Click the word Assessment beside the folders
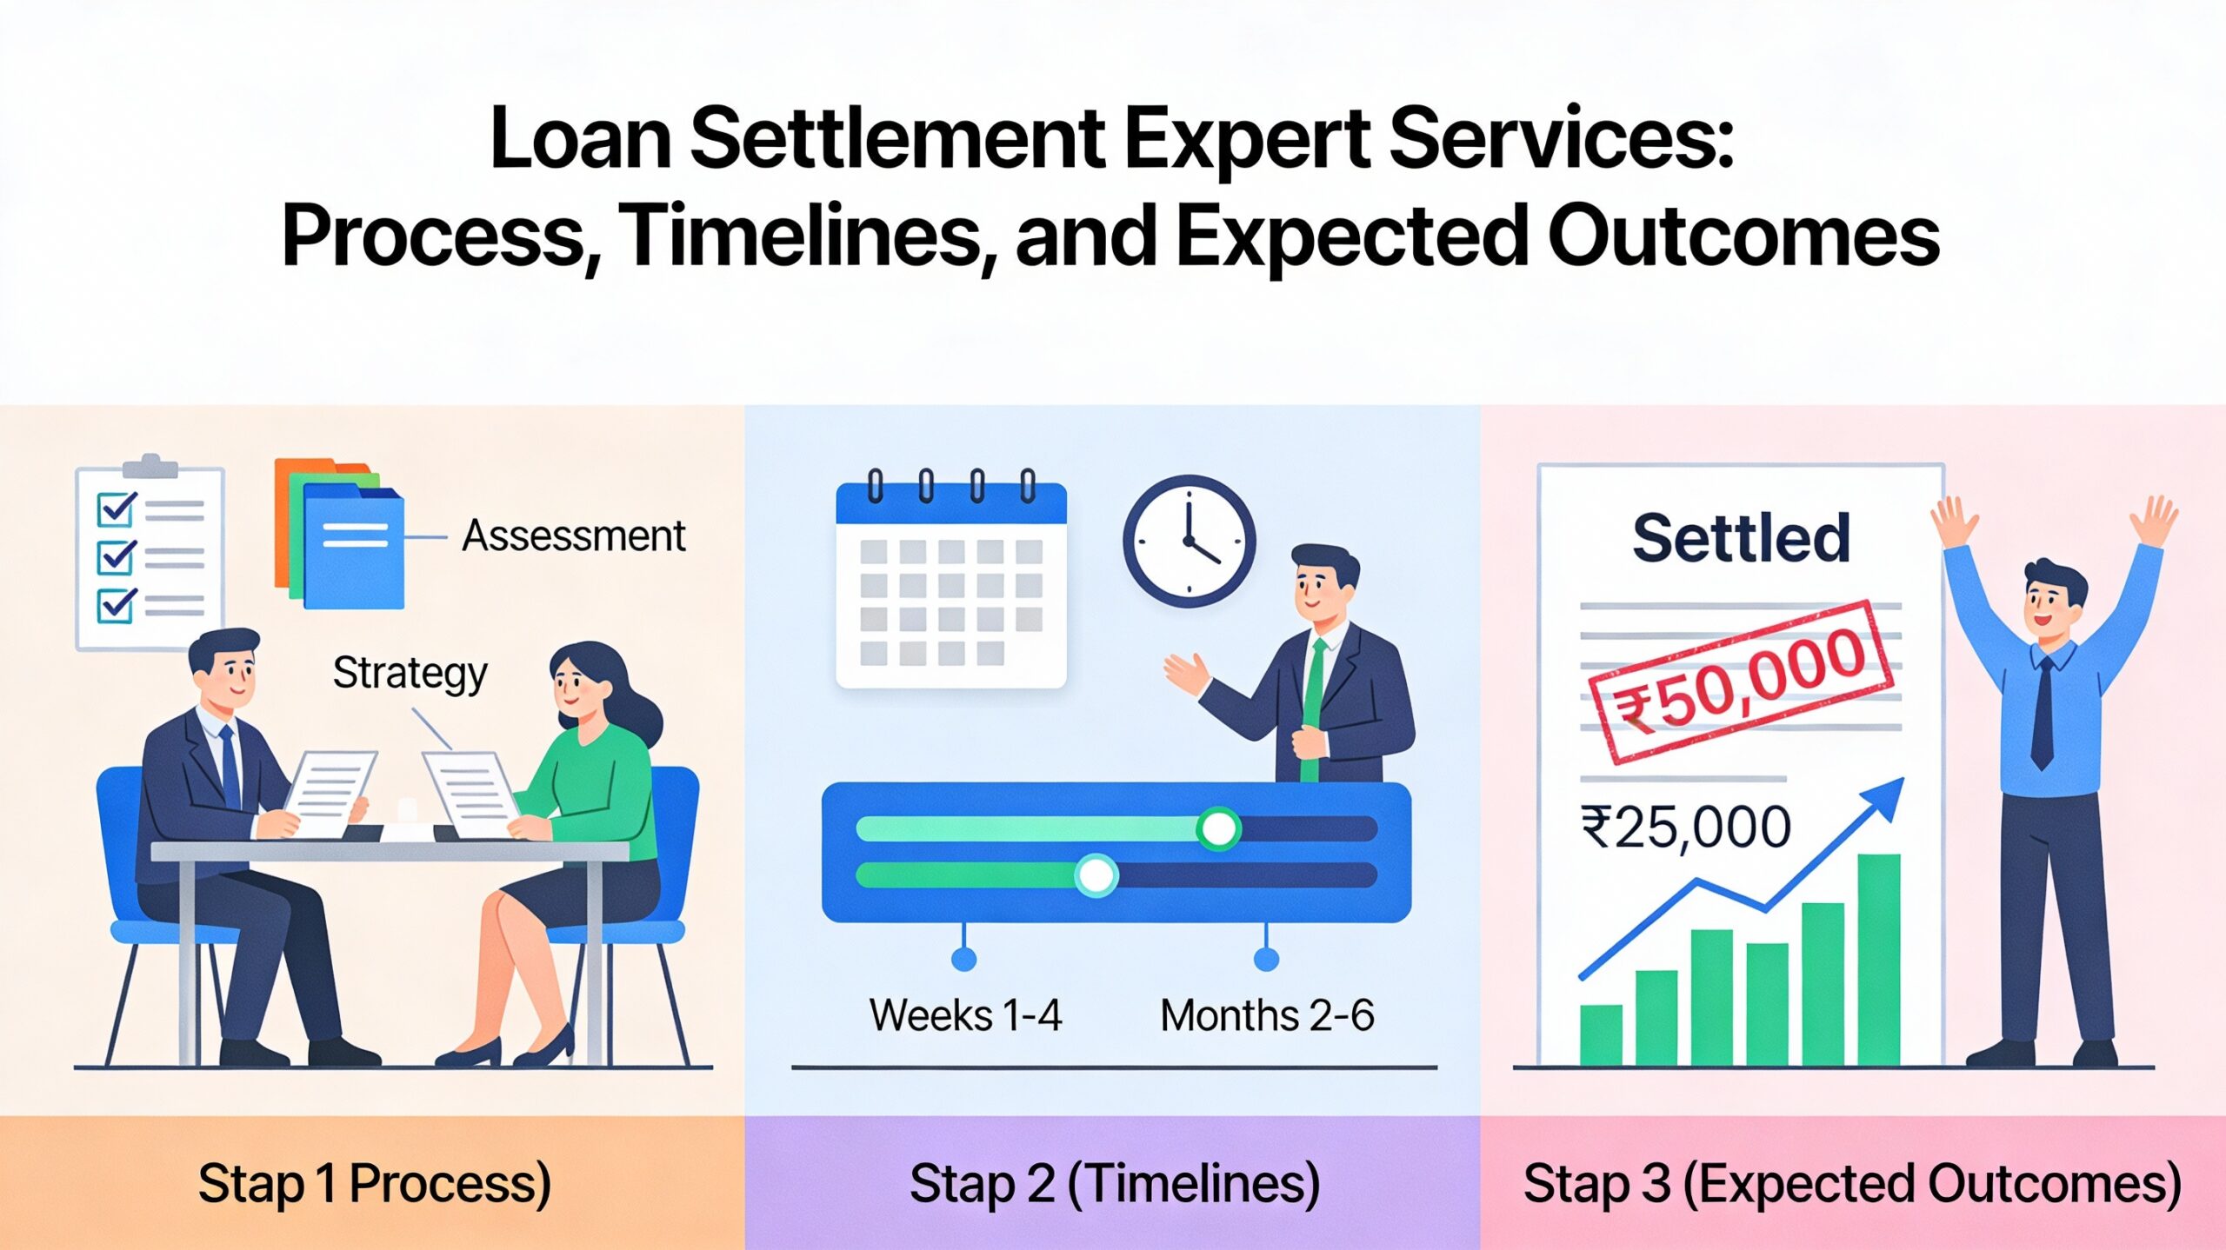[573, 535]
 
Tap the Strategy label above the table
[410, 674]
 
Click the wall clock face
[1189, 541]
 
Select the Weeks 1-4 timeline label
[965, 1015]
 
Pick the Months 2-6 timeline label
[1267, 1015]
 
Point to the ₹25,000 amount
[1685, 827]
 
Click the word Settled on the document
[1741, 538]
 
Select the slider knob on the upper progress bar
[1217, 828]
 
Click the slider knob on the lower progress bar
[1096, 875]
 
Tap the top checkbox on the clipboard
[117, 509]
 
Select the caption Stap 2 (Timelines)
[1114, 1184]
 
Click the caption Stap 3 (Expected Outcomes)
[1852, 1184]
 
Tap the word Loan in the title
[580, 139]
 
